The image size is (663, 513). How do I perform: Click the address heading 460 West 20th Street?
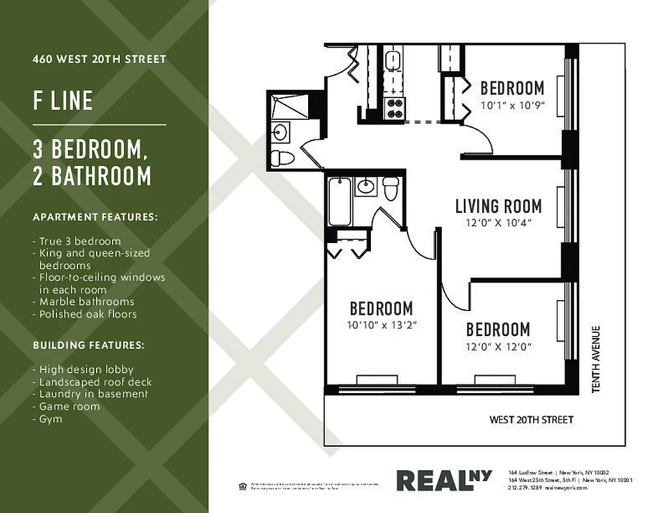(x=99, y=59)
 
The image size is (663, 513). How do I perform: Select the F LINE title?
(x=63, y=101)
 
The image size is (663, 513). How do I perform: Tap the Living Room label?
(x=498, y=206)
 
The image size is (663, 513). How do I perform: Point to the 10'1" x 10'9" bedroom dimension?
(x=512, y=104)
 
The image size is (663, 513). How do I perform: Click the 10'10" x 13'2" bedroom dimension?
(x=382, y=324)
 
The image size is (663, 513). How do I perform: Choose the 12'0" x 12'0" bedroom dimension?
(x=498, y=347)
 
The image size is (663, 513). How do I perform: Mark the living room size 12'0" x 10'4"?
(x=498, y=223)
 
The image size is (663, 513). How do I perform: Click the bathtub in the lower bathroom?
(x=340, y=201)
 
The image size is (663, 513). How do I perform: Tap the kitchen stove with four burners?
(x=393, y=108)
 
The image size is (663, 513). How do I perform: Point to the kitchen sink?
(x=393, y=61)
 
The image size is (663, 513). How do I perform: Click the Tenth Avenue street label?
(x=596, y=360)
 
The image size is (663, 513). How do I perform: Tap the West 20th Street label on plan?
(x=531, y=420)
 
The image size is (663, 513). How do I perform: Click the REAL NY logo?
(x=444, y=480)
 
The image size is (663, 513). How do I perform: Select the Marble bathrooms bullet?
(x=86, y=301)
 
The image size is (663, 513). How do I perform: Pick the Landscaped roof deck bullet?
(x=95, y=382)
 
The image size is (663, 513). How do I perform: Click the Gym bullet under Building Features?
(x=51, y=419)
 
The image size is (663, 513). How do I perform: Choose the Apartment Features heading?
(x=95, y=217)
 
